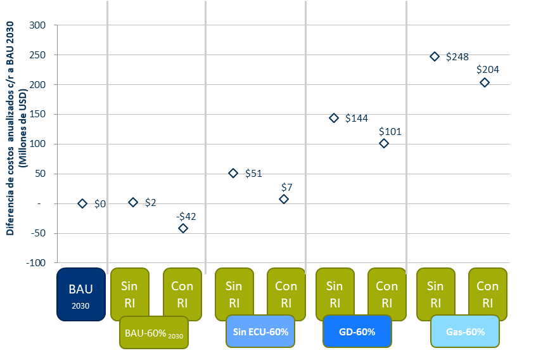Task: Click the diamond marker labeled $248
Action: pos(435,56)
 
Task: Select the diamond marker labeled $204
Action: pos(485,82)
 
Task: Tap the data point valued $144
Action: pos(334,118)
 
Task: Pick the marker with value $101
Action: pos(384,143)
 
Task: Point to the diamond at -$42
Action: pos(183,228)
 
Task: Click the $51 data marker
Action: pos(233,173)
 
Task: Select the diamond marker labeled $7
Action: pos(284,199)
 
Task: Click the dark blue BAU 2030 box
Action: pos(80,293)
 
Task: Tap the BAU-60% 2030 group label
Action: pos(153,332)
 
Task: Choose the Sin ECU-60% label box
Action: pos(260,332)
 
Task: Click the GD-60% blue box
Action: pos(357,332)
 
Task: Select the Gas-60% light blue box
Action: pos(465,332)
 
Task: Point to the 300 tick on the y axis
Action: pos(39,25)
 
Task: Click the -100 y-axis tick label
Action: pos(37,263)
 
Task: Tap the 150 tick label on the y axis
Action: pos(39,115)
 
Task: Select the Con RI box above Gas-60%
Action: pos(487,293)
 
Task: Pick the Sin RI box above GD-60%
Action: pos(335,293)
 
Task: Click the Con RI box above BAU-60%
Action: pos(182,293)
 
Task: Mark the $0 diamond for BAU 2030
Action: pos(82,203)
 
